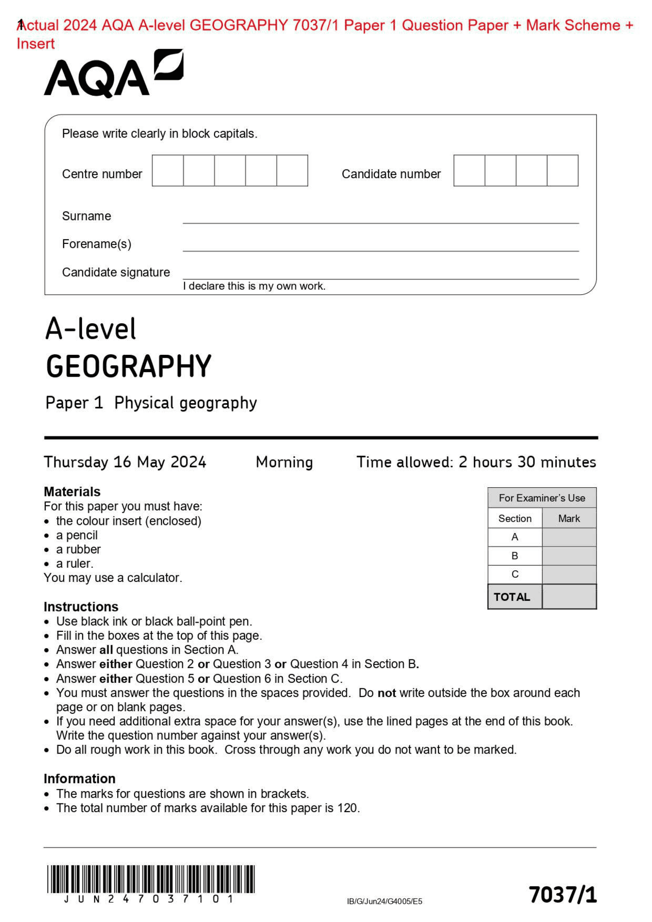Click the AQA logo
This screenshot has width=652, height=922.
coord(113,74)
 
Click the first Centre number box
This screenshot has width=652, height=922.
coord(168,171)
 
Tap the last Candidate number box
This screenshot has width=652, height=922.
coord(562,171)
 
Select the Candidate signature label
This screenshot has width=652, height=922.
coord(116,272)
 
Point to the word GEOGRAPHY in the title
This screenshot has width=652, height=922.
coord(128,367)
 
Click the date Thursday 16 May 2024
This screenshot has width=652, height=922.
coord(125,462)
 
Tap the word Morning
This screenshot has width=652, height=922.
coord(284,462)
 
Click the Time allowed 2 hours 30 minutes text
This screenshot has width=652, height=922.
coord(476,462)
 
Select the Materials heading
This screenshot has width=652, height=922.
coord(72,491)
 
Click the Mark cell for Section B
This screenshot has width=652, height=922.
coord(568,555)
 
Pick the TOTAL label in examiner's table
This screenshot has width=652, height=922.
coord(512,597)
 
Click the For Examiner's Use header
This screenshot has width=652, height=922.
coord(541,498)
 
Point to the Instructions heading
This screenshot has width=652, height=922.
coord(80,606)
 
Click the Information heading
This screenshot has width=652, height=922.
coord(79,778)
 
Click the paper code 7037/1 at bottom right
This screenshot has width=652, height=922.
coord(562,895)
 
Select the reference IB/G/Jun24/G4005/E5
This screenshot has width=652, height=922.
coord(385,901)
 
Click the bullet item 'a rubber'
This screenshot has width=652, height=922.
coord(78,549)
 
